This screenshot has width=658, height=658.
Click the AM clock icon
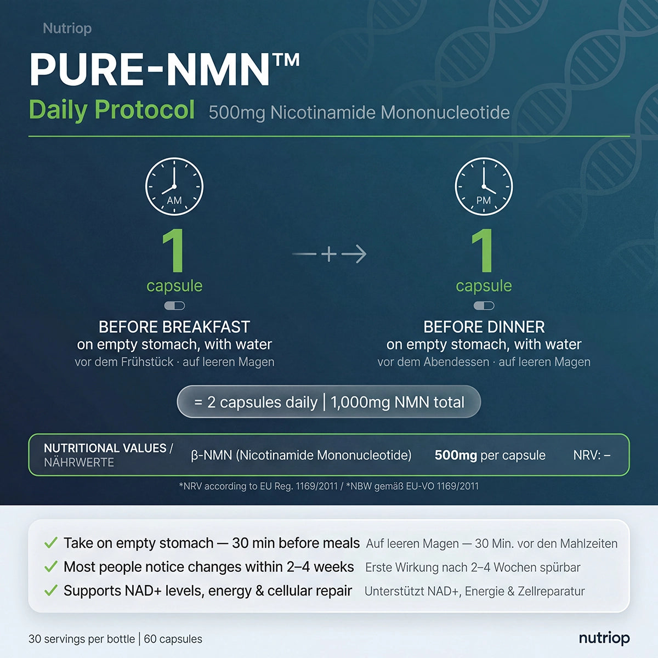click(x=174, y=186)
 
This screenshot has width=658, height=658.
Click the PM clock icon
click(x=484, y=186)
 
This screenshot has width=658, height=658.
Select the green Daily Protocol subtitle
click(x=112, y=110)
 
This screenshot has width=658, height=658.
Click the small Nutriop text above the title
click(x=67, y=29)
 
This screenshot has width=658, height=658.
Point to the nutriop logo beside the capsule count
click(x=604, y=638)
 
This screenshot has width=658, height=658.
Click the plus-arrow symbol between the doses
click(x=329, y=254)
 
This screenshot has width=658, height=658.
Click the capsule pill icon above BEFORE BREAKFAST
click(x=174, y=305)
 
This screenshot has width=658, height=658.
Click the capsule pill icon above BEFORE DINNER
click(x=484, y=305)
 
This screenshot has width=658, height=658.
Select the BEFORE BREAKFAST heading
click(x=174, y=327)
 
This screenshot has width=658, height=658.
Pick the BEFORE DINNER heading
click(x=484, y=327)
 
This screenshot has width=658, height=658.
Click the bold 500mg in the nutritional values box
click(x=456, y=455)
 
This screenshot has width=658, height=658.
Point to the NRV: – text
click(x=592, y=455)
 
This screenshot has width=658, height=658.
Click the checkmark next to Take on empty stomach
click(x=50, y=543)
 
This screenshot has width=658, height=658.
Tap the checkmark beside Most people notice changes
click(x=50, y=566)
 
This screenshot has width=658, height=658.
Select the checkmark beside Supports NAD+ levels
click(x=50, y=591)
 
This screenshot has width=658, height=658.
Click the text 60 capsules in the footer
click(x=173, y=639)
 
